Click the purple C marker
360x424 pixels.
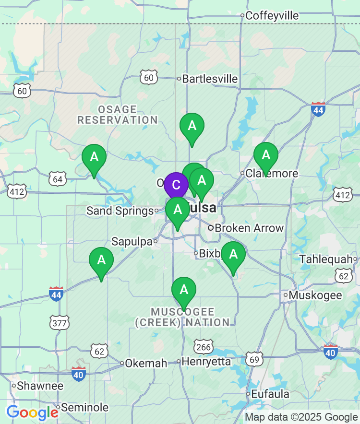pyautogui.click(x=176, y=185)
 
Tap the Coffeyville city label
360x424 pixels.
pyautogui.click(x=272, y=16)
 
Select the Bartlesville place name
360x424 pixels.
pyautogui.click(x=210, y=79)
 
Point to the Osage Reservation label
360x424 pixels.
pyautogui.click(x=118, y=115)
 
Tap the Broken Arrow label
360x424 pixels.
pyautogui.click(x=249, y=228)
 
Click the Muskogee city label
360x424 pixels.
pyautogui.click(x=315, y=295)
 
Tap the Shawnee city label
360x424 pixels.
pyautogui.click(x=40, y=386)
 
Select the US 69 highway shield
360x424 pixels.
pyautogui.click(x=254, y=358)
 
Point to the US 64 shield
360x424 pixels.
pyautogui.click(x=58, y=179)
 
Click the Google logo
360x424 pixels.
pyautogui.click(x=32, y=412)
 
